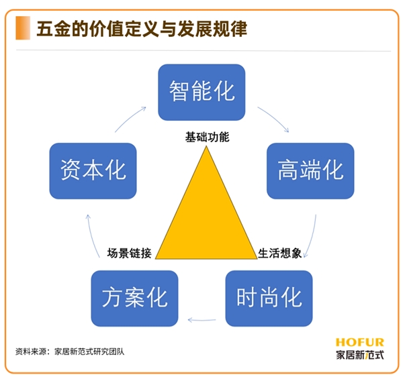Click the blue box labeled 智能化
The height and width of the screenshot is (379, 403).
click(x=201, y=92)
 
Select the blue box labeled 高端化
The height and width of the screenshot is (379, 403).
click(x=310, y=171)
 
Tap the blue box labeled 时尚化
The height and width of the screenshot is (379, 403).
click(x=269, y=299)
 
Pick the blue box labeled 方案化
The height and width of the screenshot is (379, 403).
click(x=134, y=299)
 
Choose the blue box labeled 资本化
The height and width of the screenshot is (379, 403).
click(x=93, y=171)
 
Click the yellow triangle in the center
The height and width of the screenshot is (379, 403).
click(x=206, y=218)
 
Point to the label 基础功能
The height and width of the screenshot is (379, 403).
click(x=207, y=137)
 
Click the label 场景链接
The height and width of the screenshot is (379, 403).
click(x=129, y=253)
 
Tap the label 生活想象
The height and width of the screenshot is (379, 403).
click(x=280, y=253)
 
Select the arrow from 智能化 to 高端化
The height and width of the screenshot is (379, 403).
click(x=275, y=117)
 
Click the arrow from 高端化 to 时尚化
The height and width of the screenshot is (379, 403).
click(x=312, y=237)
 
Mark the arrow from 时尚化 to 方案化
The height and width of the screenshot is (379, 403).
click(x=201, y=320)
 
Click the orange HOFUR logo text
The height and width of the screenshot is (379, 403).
click(x=360, y=342)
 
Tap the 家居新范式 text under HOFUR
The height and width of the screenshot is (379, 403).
click(x=360, y=355)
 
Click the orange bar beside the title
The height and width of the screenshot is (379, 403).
click(x=23, y=28)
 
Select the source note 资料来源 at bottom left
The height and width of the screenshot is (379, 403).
click(x=70, y=351)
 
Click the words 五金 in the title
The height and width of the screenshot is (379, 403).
click(x=54, y=28)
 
